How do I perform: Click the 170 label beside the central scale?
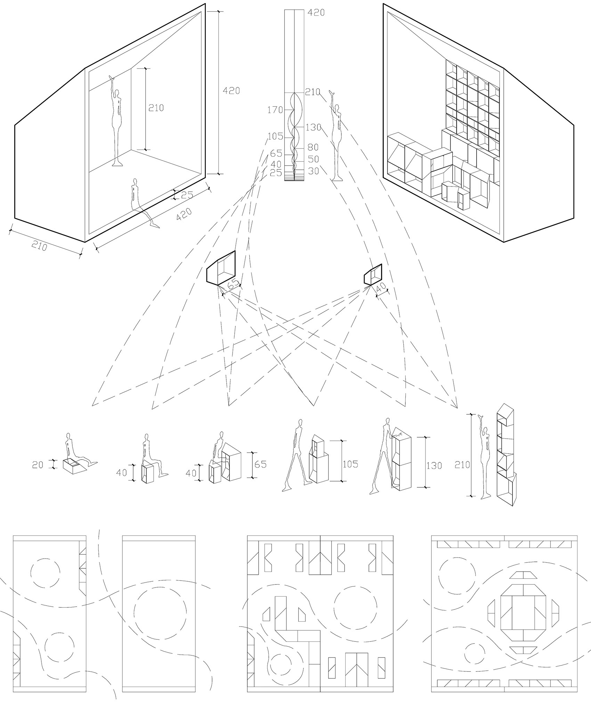275,110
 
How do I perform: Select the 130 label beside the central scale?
314,127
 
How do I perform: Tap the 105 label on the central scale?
276,136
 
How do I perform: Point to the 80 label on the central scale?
313,147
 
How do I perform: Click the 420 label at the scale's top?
316,13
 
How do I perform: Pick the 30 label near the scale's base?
313,171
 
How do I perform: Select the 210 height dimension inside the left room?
156,108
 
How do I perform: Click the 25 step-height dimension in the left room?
187,195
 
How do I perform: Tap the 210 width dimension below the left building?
40,247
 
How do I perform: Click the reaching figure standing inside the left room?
116,122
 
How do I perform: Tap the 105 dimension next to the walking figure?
350,464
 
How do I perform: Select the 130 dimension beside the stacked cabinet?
434,465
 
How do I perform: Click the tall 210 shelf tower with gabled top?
506,456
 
